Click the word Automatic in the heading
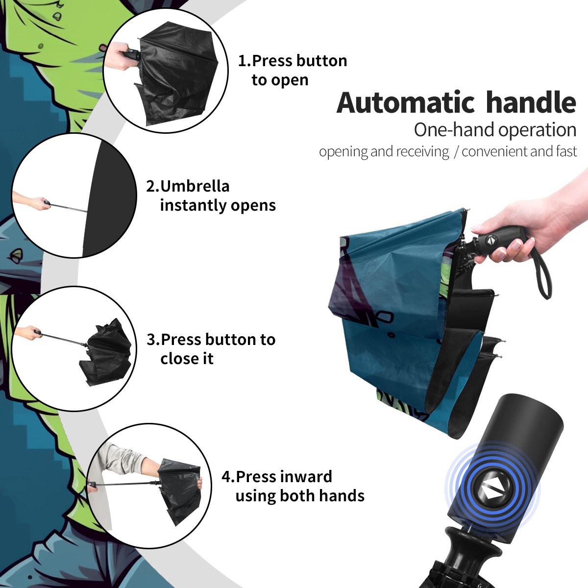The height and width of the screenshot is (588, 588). pos(406,103)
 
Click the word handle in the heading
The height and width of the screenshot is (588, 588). pos(531,102)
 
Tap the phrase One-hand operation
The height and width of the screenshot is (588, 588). pos(495,130)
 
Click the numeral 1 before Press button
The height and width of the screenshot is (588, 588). pos(242,61)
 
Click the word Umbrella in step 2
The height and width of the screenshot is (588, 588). pos(195,186)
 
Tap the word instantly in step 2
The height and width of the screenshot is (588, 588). pos(194,205)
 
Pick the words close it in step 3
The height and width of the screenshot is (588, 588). pos(187,359)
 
